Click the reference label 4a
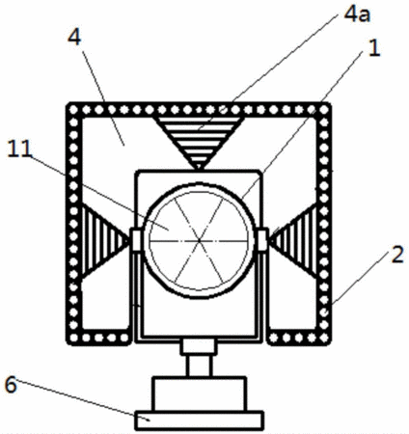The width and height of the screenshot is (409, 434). pos(357,14)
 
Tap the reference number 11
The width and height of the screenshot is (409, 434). pos(19,149)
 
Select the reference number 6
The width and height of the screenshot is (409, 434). pos(11,385)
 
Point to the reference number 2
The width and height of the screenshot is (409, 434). pos(397,255)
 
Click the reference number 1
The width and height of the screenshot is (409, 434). pos(374,48)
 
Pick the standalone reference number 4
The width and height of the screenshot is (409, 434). pos(74,39)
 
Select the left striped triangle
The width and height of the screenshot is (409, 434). pos(103,241)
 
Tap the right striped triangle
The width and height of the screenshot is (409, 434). pos(294,241)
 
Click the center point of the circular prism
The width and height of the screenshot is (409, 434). pos(199,240)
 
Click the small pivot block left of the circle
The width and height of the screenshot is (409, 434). pos(136,239)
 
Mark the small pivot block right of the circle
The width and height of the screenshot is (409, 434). pos(262,239)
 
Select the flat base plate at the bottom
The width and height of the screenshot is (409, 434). pos(199,420)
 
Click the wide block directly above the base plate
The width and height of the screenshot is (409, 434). pos(199,394)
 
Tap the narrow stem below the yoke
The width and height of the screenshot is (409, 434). pos(199,366)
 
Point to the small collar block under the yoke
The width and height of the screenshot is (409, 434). pos(199,347)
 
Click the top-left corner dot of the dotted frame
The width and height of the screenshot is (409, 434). pos(73,110)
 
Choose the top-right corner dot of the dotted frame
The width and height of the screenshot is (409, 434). pos(324,110)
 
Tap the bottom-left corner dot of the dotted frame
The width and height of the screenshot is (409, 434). pos(73,338)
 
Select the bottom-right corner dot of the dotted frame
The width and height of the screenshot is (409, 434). pos(324,338)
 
